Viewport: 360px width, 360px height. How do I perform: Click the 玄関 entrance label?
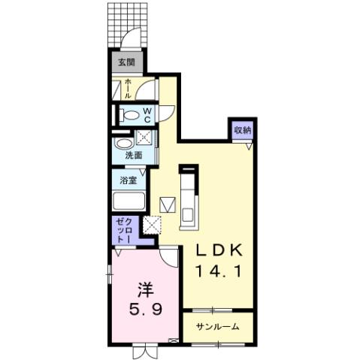(126, 62)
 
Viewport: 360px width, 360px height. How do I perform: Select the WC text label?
(147, 116)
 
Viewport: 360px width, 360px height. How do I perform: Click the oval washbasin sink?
(122, 141)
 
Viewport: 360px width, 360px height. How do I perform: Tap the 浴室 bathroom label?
(129, 180)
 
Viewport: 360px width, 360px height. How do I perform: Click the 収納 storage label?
(241, 130)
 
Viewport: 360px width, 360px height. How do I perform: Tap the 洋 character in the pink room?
(146, 288)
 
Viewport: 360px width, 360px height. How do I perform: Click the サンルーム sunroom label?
(218, 327)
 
